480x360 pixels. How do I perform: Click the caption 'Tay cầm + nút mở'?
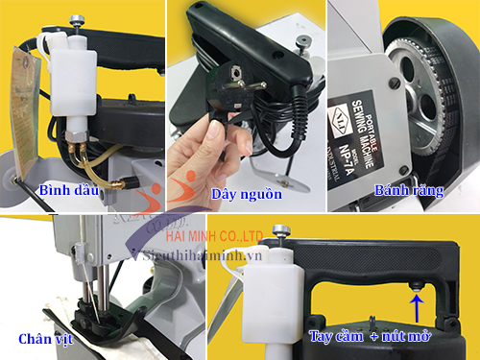[x=369, y=338]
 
